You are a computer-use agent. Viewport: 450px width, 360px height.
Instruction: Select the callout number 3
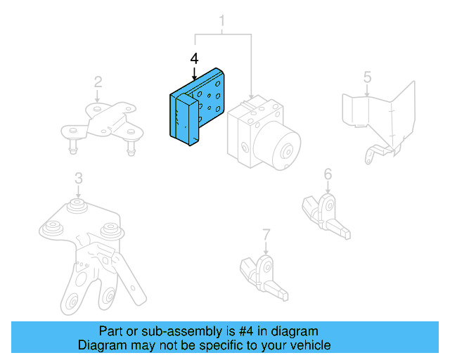tap(78, 178)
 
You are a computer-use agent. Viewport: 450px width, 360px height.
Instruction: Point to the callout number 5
tap(367, 76)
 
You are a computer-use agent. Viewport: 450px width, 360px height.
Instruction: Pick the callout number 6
tap(328, 174)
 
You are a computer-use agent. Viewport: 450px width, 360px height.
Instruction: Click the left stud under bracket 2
tap(72, 148)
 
